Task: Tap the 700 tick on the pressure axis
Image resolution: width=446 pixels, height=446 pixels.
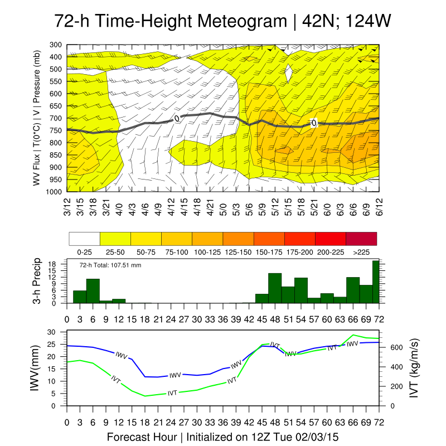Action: [x=55, y=118]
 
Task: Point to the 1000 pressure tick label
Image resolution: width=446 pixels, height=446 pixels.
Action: [x=54, y=192]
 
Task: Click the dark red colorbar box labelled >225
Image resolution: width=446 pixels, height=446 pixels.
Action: [x=361, y=239]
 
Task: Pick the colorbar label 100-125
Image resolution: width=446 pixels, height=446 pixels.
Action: [x=207, y=251]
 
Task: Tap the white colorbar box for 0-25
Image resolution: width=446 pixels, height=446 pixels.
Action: [x=84, y=239]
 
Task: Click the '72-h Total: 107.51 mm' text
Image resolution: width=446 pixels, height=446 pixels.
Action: [x=110, y=265]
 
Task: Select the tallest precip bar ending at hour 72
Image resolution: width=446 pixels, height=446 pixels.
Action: [x=376, y=282]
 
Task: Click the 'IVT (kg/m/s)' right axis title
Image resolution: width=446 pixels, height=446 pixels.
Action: [x=414, y=369]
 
